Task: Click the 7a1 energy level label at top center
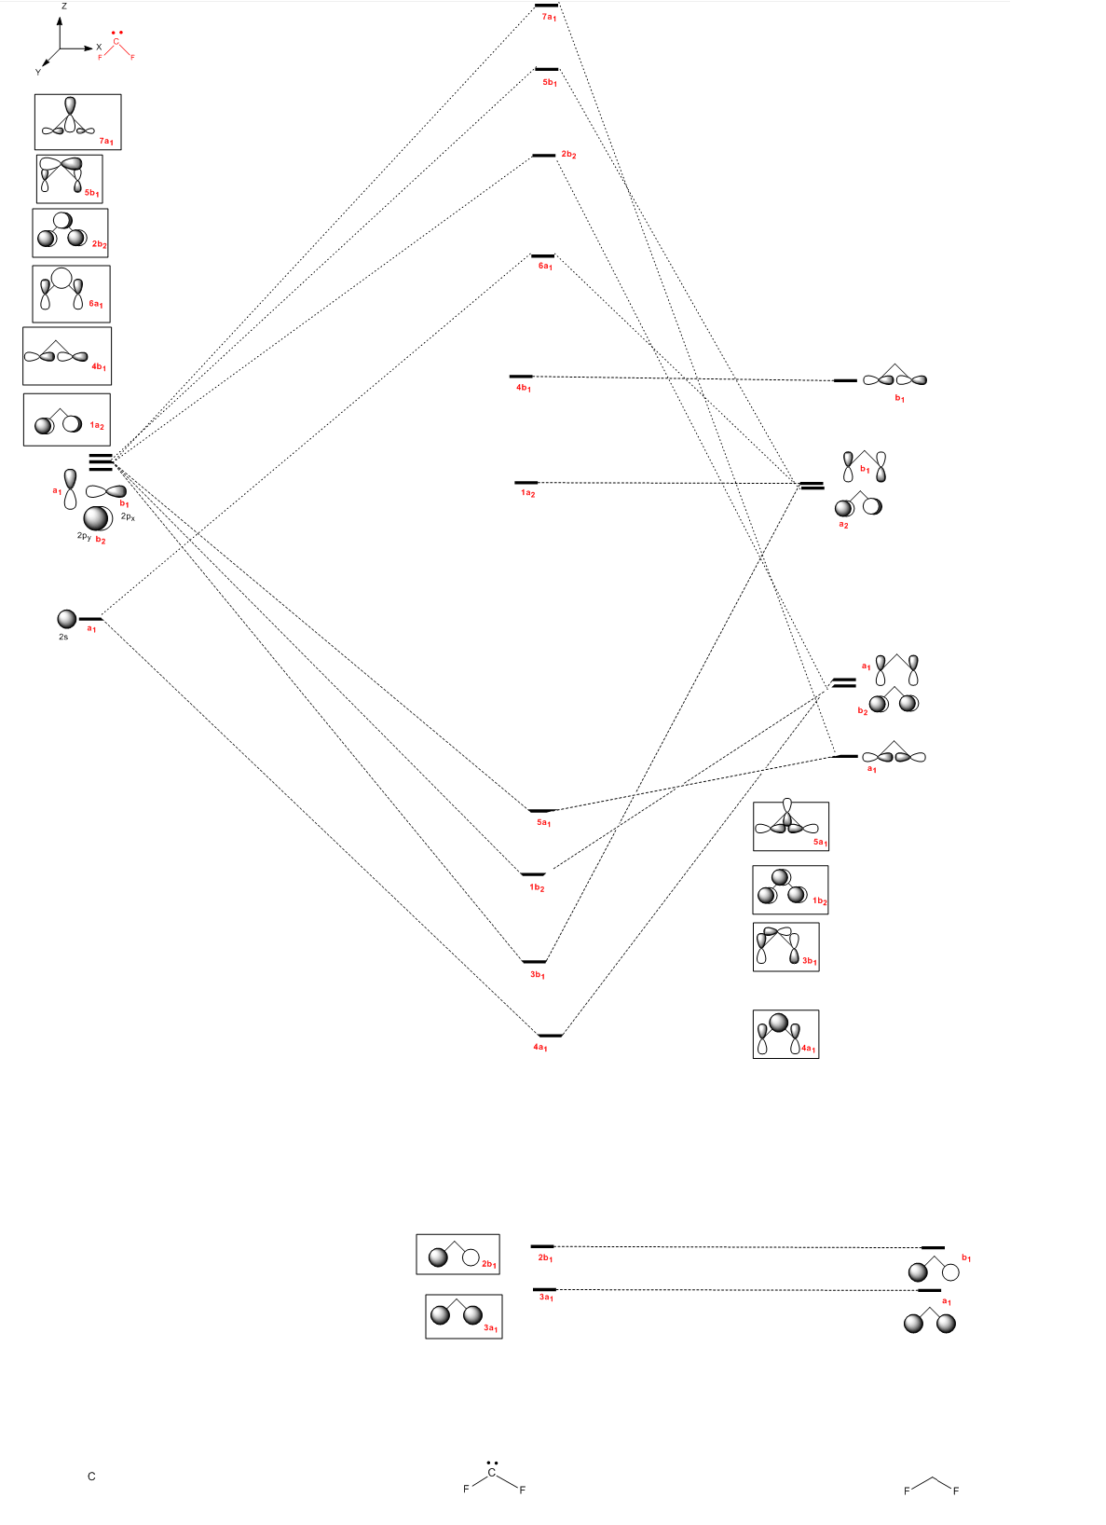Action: click(x=549, y=17)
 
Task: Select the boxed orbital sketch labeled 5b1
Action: click(x=70, y=178)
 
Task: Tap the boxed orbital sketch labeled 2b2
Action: click(x=70, y=233)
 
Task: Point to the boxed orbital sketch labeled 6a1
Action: click(x=71, y=294)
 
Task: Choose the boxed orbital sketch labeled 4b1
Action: click(x=67, y=355)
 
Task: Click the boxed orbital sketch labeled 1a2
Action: click(x=67, y=419)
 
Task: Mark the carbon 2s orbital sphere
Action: click(x=67, y=619)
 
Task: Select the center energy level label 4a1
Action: click(x=540, y=1048)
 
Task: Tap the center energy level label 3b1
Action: click(x=538, y=974)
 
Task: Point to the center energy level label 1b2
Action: click(x=537, y=887)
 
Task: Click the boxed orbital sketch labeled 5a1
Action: click(x=790, y=826)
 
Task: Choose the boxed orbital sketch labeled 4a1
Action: click(x=785, y=1034)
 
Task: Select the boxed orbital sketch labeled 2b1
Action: click(x=457, y=1254)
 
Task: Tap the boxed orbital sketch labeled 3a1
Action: click(x=464, y=1316)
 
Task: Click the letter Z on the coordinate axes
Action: click(x=63, y=7)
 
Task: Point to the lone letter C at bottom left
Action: click(x=91, y=1477)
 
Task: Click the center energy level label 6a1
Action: click(x=545, y=267)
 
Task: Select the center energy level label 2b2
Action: click(x=568, y=155)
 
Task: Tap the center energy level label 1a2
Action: click(x=528, y=493)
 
